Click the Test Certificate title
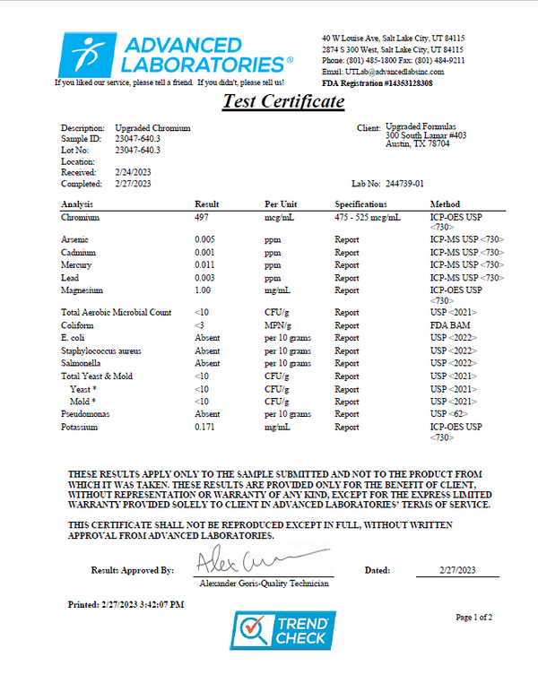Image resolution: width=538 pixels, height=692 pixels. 283,101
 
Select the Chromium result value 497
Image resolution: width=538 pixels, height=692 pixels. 202,217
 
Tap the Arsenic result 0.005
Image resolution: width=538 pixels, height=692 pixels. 204,240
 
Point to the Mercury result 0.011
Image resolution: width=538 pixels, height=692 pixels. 204,265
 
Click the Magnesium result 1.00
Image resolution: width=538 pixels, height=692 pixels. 203,290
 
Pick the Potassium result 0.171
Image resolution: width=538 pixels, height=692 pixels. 204,428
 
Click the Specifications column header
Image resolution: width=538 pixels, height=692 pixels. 360,204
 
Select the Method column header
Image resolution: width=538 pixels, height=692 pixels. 445,204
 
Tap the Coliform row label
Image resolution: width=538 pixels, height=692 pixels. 77,325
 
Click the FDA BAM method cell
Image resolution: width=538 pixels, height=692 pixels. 449,325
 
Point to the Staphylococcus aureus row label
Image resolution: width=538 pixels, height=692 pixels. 100,350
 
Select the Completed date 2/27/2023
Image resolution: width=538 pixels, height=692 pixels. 134,183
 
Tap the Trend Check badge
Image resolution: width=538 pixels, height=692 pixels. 283,630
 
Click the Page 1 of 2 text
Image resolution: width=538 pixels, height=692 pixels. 474,618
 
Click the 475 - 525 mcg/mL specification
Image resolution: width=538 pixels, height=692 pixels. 368,217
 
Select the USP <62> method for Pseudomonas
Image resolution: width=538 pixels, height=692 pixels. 449,415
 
